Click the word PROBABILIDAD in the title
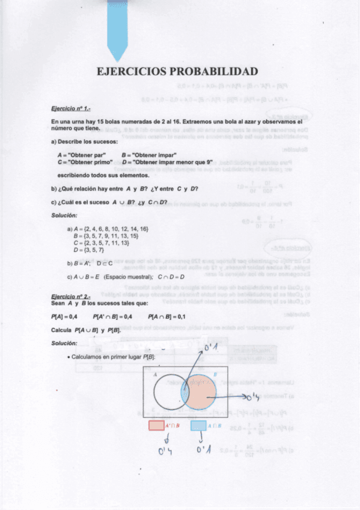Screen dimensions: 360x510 (x=215, y=72)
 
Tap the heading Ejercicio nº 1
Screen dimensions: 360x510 (x=71, y=109)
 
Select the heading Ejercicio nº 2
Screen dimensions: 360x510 (x=71, y=296)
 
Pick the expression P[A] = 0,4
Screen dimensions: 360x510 (x=64, y=316)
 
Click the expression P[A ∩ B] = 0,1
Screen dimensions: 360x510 (x=166, y=316)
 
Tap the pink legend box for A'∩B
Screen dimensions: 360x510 (x=155, y=426)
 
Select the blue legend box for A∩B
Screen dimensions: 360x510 (x=198, y=426)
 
